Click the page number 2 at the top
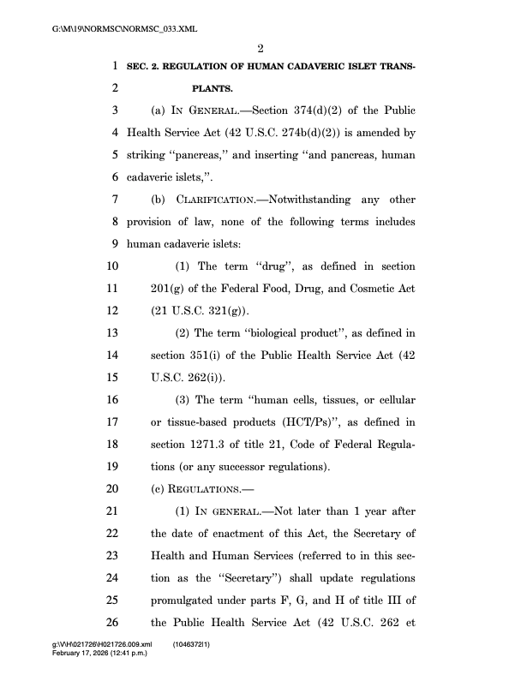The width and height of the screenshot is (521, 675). (x=260, y=46)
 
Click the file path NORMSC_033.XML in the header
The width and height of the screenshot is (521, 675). (x=124, y=28)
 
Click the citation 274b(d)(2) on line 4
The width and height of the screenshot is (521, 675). (x=302, y=133)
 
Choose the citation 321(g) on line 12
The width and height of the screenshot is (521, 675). (x=226, y=311)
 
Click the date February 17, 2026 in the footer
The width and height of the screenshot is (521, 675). (x=83, y=653)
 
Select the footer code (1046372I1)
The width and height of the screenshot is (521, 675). (x=196, y=643)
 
